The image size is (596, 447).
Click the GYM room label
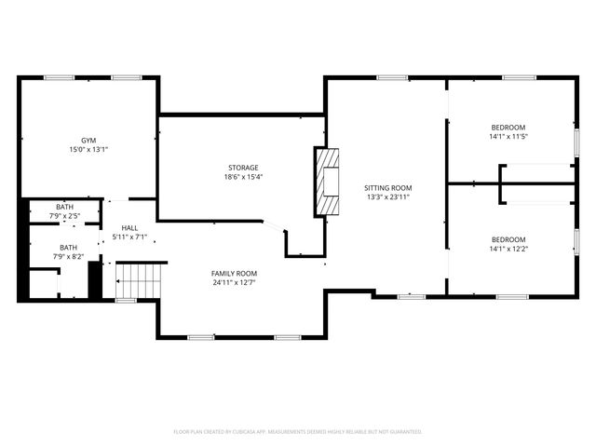(x=88, y=140)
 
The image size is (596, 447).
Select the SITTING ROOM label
(x=387, y=187)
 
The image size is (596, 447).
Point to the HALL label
(x=129, y=227)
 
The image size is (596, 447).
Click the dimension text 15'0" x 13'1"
(x=88, y=150)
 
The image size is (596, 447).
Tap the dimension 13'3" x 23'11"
(x=387, y=197)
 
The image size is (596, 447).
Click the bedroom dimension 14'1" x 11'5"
(x=508, y=137)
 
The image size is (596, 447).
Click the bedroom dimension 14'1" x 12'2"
(x=508, y=250)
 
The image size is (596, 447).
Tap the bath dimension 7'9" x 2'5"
(x=65, y=216)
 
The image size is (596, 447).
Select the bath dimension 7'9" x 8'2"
(x=65, y=257)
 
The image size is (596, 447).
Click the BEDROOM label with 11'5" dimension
(x=508, y=127)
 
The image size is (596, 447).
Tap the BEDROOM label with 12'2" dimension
(x=508, y=239)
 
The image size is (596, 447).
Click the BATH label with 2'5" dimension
(x=65, y=207)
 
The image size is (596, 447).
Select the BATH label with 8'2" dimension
(x=65, y=248)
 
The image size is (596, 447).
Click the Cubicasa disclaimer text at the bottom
(x=298, y=432)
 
